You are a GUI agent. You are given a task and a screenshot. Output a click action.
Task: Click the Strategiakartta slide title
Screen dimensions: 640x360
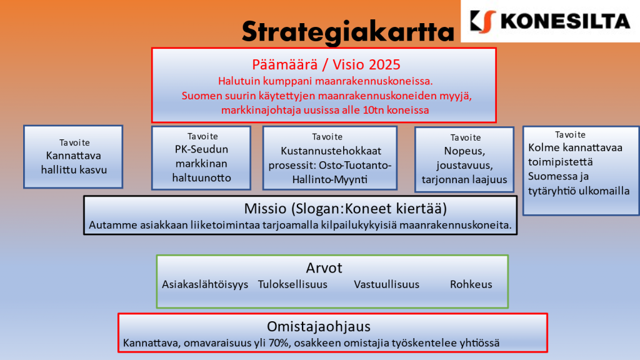pyautogui.click(x=347, y=32)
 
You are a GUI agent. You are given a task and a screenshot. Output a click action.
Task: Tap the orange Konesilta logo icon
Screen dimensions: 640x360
pyautogui.click(x=483, y=22)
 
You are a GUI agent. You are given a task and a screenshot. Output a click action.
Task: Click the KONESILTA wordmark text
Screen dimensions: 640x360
pyautogui.click(x=565, y=22)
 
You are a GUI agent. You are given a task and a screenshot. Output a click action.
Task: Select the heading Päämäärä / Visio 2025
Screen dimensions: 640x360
pyautogui.click(x=326, y=64)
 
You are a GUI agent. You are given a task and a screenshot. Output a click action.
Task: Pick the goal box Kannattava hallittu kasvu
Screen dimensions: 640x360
pyautogui.click(x=73, y=157)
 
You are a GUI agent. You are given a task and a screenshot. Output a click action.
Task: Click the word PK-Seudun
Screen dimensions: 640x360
pyautogui.click(x=202, y=149)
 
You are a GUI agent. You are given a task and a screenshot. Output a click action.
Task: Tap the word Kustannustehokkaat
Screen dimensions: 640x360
pyautogui.click(x=331, y=151)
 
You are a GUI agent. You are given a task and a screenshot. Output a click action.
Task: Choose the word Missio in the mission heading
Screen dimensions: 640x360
pyautogui.click(x=265, y=209)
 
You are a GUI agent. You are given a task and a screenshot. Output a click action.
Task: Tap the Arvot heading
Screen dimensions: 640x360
pyautogui.click(x=324, y=267)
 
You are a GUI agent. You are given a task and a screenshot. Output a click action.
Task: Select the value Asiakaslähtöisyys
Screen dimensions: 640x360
pyautogui.click(x=205, y=284)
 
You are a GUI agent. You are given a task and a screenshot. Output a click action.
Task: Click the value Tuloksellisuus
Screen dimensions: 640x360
pyautogui.click(x=292, y=284)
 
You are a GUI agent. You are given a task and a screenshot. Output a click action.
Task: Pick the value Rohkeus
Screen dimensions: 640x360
pyautogui.click(x=471, y=284)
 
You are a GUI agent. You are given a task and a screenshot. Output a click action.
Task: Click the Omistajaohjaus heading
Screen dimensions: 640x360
pyautogui.click(x=319, y=326)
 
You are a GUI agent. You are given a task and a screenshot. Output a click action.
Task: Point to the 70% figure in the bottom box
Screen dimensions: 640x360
pyautogui.click(x=278, y=343)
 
